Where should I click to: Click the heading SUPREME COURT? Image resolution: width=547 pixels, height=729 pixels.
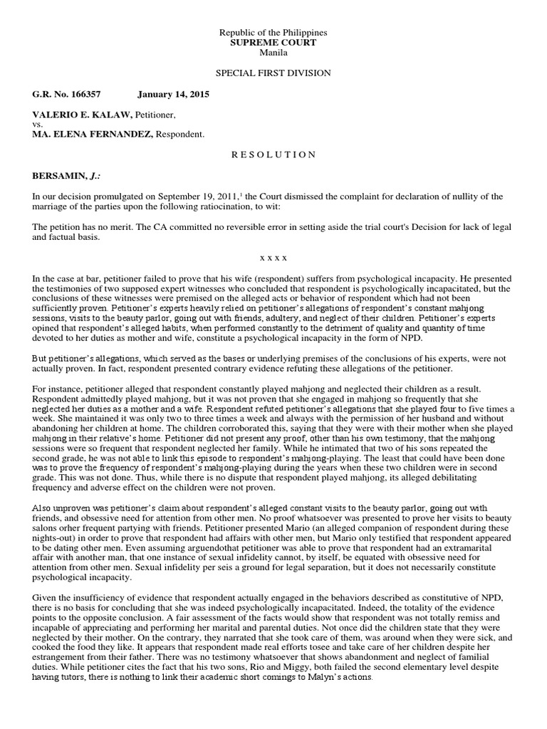click(273, 43)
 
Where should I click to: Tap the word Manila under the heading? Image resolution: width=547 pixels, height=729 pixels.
click(273, 53)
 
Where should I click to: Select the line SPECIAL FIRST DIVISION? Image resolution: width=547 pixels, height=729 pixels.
click(273, 73)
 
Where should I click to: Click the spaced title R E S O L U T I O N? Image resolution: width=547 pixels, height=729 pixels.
click(273, 154)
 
